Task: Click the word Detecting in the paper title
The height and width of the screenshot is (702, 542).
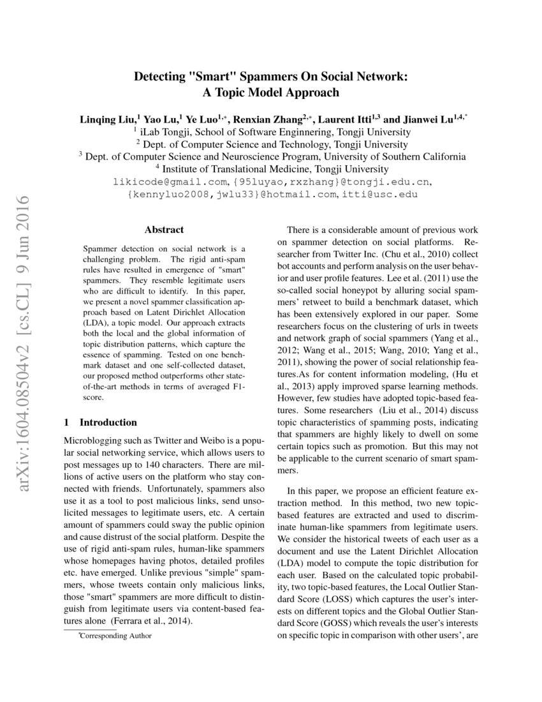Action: pos(157,77)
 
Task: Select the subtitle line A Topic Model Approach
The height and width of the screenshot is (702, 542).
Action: pos(271,92)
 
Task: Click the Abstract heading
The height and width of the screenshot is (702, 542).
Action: pos(164,230)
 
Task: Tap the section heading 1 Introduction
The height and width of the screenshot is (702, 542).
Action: pos(101,422)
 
